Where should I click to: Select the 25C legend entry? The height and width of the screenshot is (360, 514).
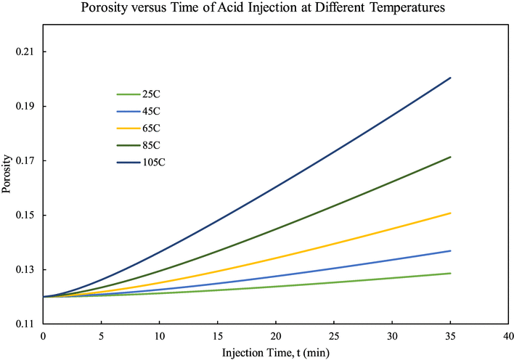[x=151, y=94]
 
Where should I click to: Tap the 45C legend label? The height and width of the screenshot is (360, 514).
[x=151, y=111]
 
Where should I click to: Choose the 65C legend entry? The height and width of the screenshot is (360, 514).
[x=151, y=128]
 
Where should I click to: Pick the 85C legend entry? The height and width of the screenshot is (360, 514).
[x=151, y=145]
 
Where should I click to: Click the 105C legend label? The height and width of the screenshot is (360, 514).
[x=153, y=162]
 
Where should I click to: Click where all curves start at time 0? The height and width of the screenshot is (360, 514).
[x=44, y=297]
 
